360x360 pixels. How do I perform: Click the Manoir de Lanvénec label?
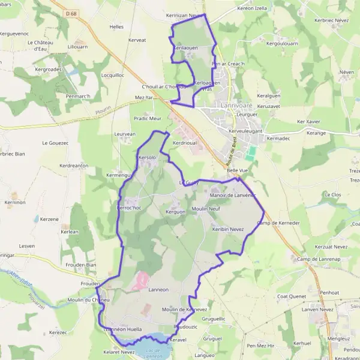233,196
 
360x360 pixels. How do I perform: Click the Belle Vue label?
238,170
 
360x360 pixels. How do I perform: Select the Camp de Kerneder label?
278,223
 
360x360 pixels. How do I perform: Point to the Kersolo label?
148,157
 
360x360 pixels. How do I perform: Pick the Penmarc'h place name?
78,96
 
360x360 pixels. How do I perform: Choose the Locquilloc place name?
113,75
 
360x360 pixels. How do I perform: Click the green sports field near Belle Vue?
251,153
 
